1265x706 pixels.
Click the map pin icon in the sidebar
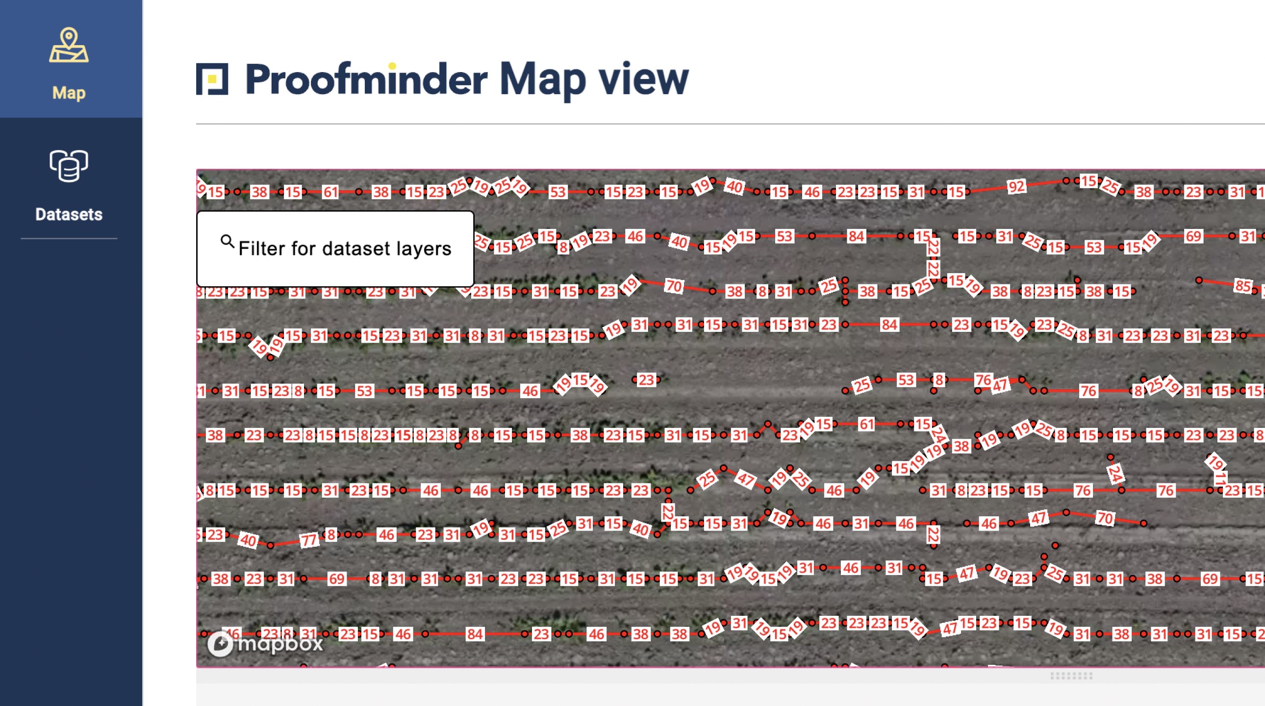click(69, 45)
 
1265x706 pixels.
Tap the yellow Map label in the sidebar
click(69, 92)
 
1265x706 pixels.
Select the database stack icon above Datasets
click(69, 166)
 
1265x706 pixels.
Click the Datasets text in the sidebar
click(69, 214)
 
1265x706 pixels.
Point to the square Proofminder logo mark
click(212, 78)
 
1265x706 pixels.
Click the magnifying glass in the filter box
click(227, 241)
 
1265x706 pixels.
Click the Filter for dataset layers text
click(345, 249)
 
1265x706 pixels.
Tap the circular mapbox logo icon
click(220, 643)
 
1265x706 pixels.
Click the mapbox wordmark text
click(280, 643)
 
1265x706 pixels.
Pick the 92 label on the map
click(1016, 186)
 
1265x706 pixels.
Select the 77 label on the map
click(309, 540)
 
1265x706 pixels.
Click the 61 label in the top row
click(330, 192)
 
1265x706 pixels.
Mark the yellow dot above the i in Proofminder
click(392, 66)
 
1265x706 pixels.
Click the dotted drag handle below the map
click(1071, 676)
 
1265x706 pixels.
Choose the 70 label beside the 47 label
click(1104, 517)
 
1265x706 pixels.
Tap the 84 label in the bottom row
click(475, 634)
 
